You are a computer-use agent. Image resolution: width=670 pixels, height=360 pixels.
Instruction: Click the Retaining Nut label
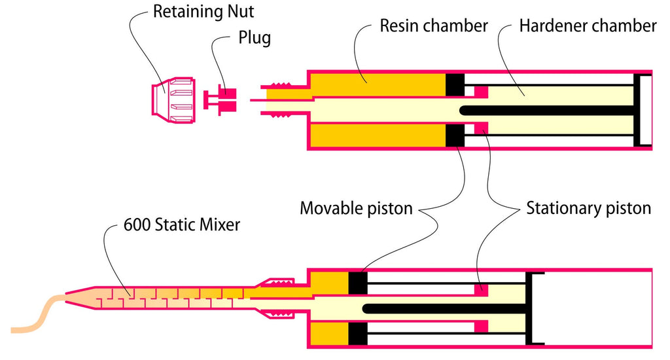(203, 12)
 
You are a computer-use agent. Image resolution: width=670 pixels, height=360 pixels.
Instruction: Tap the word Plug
(255, 37)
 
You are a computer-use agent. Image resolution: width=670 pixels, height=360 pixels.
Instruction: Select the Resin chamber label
(434, 26)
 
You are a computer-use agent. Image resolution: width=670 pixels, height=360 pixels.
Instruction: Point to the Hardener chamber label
(588, 26)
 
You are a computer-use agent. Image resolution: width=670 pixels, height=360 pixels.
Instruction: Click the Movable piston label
(356, 209)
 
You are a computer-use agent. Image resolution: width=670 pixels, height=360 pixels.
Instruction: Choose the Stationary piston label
(588, 209)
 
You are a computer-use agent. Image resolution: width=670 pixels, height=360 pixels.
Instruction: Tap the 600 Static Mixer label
(182, 225)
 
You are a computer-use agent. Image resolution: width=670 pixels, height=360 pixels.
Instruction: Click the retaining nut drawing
(173, 101)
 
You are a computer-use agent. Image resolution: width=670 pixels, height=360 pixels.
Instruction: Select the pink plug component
(220, 99)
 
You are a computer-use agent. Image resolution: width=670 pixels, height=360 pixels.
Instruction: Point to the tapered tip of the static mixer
(80, 298)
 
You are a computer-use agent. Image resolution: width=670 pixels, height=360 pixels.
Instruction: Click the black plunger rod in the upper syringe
(546, 111)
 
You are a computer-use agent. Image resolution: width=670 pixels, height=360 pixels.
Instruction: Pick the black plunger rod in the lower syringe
(444, 309)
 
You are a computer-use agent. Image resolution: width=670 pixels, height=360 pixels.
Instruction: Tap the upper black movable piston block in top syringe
(455, 85)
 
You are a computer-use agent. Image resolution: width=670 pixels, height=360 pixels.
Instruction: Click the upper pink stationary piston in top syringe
(482, 92)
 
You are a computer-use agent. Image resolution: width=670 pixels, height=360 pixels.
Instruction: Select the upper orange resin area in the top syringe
(378, 85)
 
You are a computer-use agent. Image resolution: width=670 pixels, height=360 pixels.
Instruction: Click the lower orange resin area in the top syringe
(378, 135)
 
